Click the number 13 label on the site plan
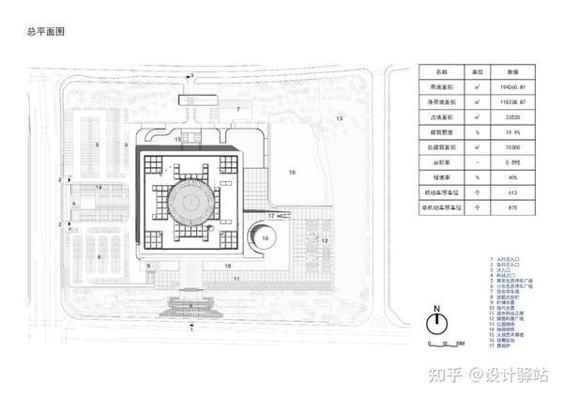coord(341,120)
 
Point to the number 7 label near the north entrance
coord(238,110)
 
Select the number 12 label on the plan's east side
coord(325,240)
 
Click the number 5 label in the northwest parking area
coord(97,145)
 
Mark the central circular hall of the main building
coord(190,200)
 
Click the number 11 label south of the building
coord(236,279)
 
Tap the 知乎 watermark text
coord(446,374)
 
